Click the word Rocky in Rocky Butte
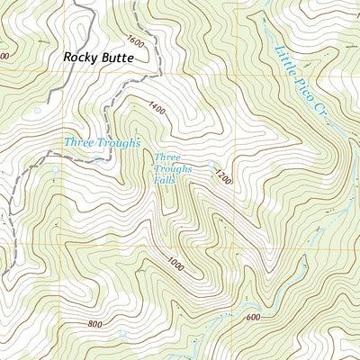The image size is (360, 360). pyautogui.click(x=82, y=57)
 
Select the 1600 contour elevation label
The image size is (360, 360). pyautogui.click(x=136, y=41)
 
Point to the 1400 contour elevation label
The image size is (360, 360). pyautogui.click(x=158, y=109)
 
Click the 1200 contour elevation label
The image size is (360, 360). pyautogui.click(x=223, y=179)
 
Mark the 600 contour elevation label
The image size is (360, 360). pyautogui.click(x=251, y=317)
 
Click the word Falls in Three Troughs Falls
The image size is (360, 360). pyautogui.click(x=165, y=180)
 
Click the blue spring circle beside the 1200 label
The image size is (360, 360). pyautogui.click(x=213, y=165)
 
